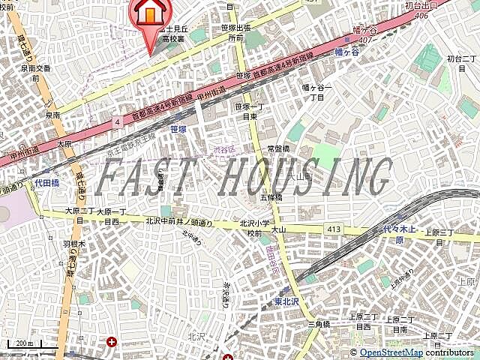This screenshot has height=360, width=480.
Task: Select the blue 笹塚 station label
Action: (x=178, y=129)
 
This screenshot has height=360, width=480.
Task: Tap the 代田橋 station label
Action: (x=46, y=182)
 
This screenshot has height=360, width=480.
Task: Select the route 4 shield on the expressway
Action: (x=117, y=121)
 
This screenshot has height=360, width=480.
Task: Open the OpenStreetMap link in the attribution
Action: (x=390, y=352)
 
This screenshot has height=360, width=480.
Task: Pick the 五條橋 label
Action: (x=271, y=196)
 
